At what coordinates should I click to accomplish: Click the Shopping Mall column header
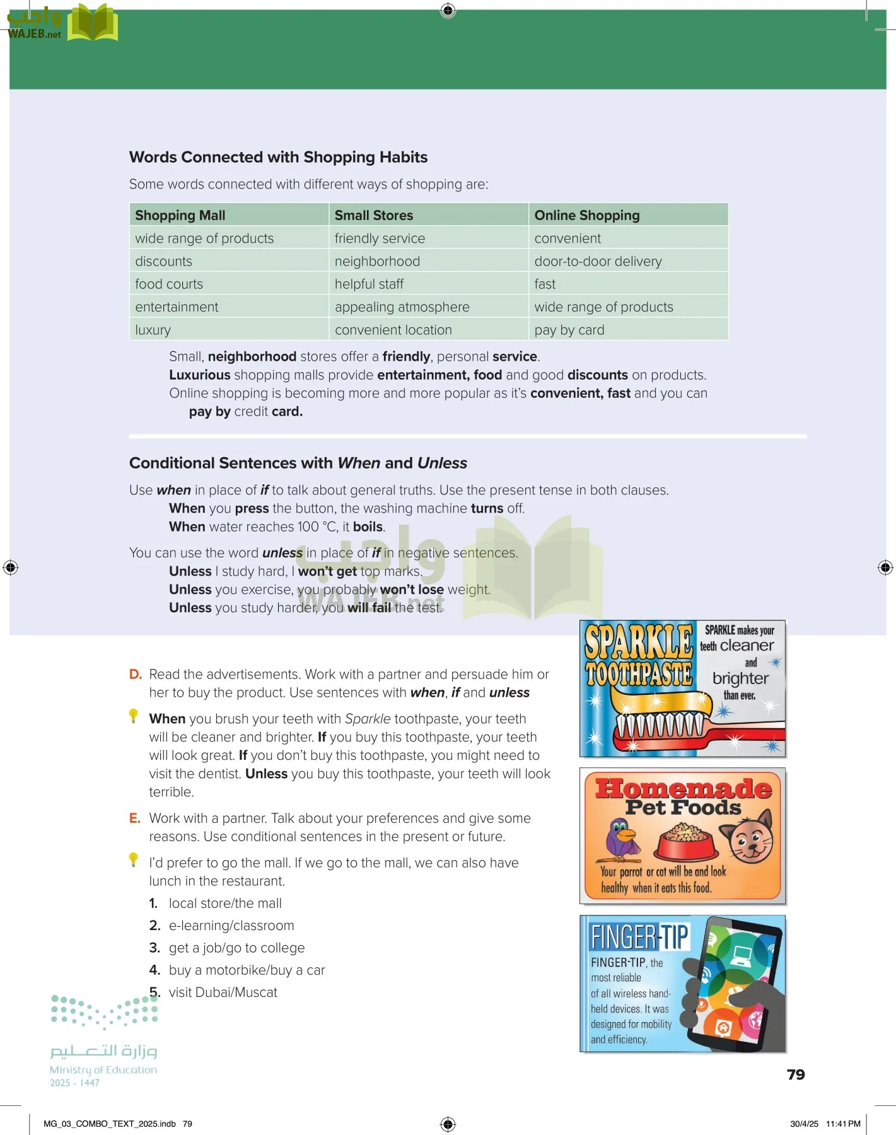click(x=180, y=216)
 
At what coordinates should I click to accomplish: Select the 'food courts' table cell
click(x=169, y=284)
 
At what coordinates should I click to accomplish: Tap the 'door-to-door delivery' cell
click(x=598, y=262)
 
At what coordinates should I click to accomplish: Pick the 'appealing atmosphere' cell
click(x=402, y=307)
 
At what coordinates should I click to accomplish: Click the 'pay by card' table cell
click(x=569, y=330)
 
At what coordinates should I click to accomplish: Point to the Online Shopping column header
click(x=586, y=216)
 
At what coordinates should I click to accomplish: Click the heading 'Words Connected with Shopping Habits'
click(x=278, y=158)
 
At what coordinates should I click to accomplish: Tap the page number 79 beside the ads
click(x=796, y=1074)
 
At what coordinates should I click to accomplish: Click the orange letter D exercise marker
click(x=135, y=675)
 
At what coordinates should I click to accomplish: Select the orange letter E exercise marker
click(x=134, y=818)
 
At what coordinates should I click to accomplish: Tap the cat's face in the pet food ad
click(x=751, y=838)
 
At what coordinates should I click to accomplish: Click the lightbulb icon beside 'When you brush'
click(x=134, y=716)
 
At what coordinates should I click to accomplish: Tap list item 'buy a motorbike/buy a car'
click(x=247, y=970)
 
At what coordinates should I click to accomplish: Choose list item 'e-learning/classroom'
click(x=231, y=926)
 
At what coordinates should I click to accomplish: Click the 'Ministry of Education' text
click(x=103, y=1070)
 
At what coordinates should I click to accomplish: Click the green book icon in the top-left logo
click(x=92, y=23)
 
